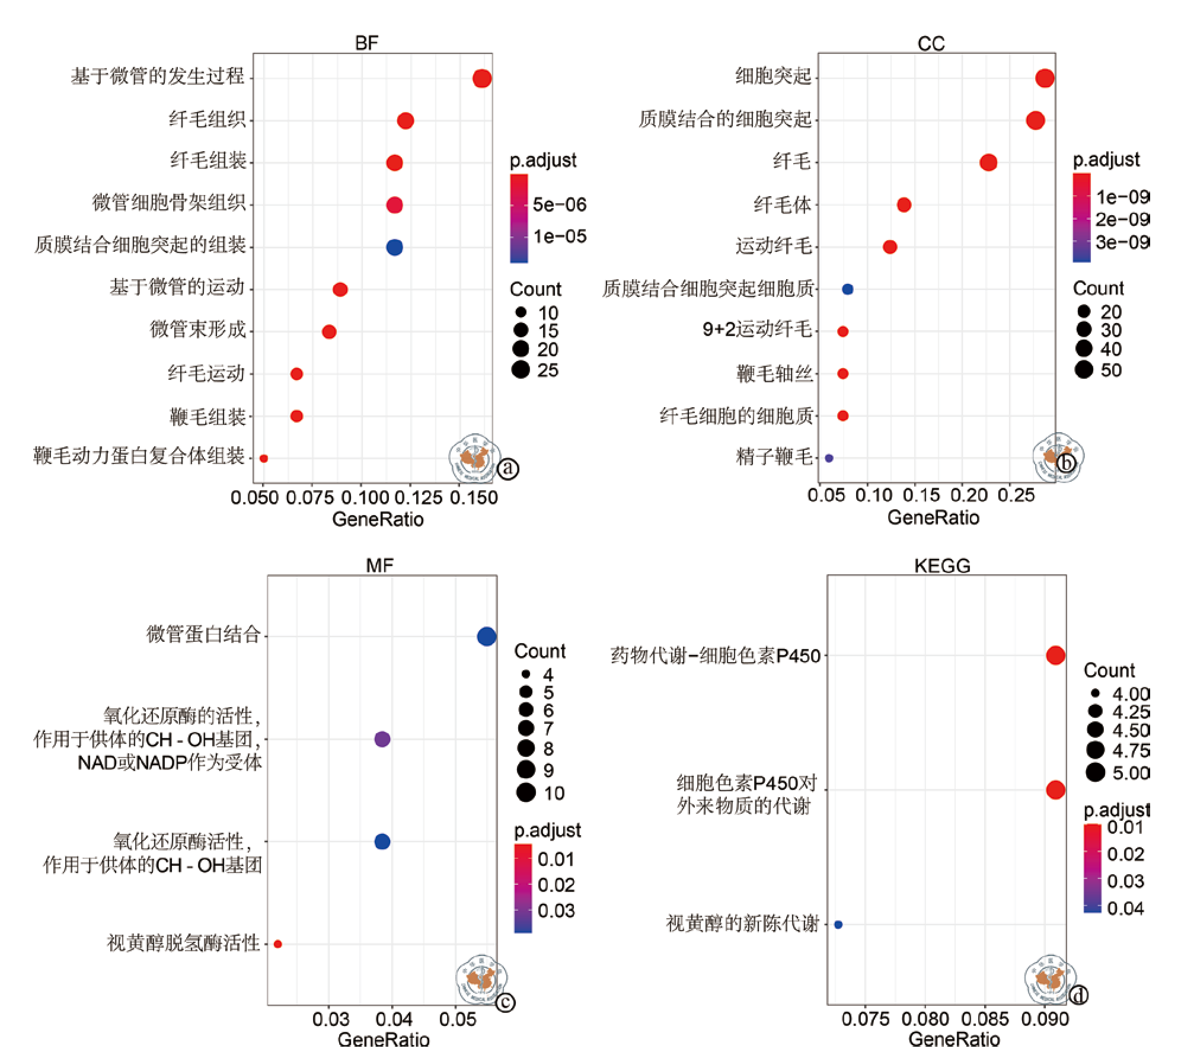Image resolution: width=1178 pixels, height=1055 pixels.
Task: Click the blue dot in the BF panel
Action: pos(394,247)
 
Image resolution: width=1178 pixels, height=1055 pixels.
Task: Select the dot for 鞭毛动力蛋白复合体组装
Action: pos(264,458)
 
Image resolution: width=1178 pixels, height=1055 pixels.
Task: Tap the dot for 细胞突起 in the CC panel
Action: pos(1045,78)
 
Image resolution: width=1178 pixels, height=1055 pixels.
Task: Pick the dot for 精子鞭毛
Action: pos(829,458)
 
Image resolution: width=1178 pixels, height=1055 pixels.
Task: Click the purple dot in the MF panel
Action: pos(382,739)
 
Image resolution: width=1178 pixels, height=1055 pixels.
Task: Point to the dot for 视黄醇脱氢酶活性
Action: pos(277,944)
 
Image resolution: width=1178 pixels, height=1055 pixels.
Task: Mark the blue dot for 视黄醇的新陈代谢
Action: pos(838,924)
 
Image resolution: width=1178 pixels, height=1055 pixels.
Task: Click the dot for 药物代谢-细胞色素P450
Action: pos(1055,656)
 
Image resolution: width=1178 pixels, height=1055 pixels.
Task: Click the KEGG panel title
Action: pos(942,565)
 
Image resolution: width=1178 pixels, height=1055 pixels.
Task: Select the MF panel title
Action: pos(379,565)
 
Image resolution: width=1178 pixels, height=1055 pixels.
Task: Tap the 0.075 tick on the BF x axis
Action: pos(310,498)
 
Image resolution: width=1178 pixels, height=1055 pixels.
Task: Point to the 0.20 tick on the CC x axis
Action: pos(969,495)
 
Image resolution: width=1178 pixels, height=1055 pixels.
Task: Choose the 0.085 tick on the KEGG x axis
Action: pos(985,1019)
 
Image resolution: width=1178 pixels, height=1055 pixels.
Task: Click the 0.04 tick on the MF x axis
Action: pos(393,1019)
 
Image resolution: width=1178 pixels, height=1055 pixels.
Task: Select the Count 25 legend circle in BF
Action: pos(521,370)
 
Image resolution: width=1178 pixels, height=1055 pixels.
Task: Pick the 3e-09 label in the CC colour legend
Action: pos(1122,242)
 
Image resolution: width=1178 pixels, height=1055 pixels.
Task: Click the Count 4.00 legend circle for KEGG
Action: pos(1095,693)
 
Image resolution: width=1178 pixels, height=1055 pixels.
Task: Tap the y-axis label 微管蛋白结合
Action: pos(203,635)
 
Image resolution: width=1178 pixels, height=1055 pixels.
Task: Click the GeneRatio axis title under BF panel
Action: pos(378,519)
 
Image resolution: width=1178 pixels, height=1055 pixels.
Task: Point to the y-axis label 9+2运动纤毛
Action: pos(756,330)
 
